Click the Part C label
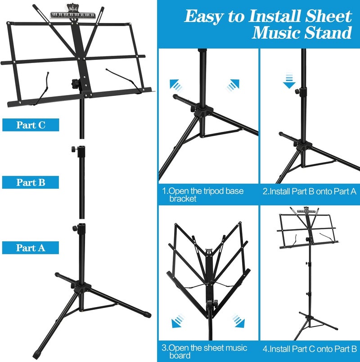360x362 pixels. point(31,125)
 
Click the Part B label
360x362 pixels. point(31,182)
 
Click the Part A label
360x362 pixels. point(31,248)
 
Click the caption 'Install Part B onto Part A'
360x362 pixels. point(309,191)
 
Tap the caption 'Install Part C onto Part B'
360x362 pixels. point(310,348)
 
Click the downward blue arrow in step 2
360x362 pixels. point(289,81)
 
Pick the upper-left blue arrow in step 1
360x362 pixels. point(175,85)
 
